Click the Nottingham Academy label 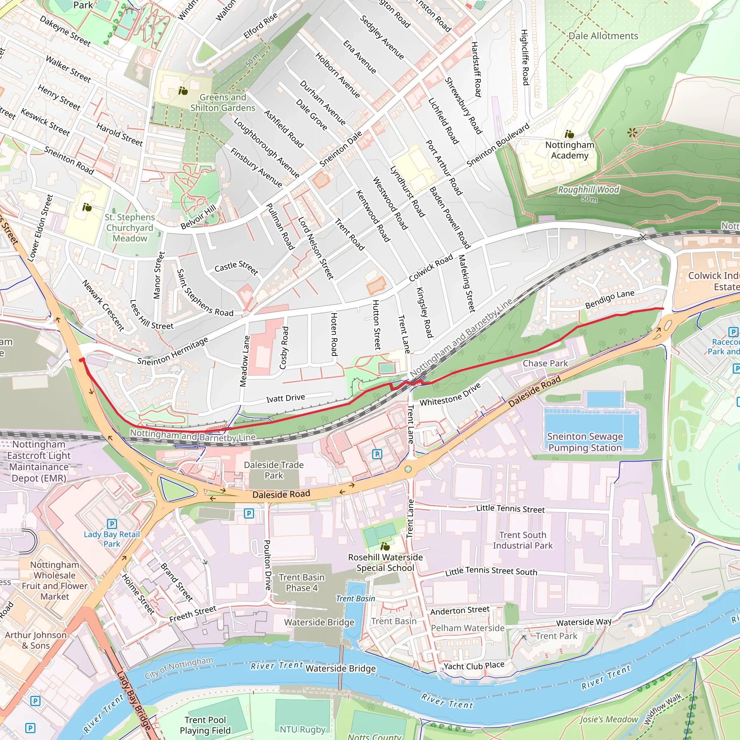coord(569,150)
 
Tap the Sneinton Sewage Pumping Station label coord(585,442)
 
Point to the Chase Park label coord(545,363)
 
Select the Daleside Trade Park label coord(274,470)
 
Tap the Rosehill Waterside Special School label coord(385,563)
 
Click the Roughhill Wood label coord(588,190)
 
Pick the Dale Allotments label coord(603,36)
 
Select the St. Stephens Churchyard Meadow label coord(130,228)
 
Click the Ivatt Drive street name coord(285,398)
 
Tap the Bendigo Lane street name coord(610,300)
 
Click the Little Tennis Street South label coord(491,572)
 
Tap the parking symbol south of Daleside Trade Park coord(249,513)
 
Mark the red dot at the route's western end coord(81,360)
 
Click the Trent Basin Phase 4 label coord(301,582)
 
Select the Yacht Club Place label coord(473,666)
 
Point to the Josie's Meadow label coord(608,719)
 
